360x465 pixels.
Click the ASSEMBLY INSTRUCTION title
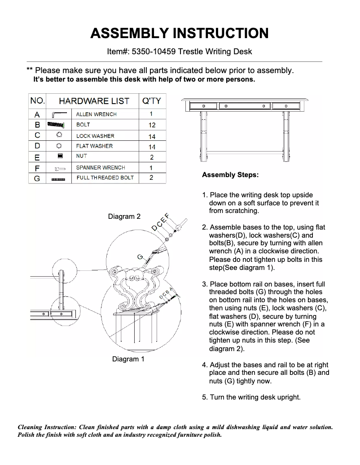coord(180,33)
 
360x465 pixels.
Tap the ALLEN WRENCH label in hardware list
coord(96,114)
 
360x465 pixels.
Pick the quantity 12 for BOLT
coord(152,125)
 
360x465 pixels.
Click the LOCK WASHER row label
coord(95,136)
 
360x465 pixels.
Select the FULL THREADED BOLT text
coord(105,178)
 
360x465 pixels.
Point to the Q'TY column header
coord(151,101)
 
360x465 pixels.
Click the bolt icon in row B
coord(57,125)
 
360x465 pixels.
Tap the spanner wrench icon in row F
coord(60,169)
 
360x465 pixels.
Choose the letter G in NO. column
coord(37,178)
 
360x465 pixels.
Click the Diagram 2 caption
coord(124,217)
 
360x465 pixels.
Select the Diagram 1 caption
coord(128,359)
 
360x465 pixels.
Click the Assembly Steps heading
coord(230,175)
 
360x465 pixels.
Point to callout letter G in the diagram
coord(140,257)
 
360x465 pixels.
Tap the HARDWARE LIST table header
coord(94,101)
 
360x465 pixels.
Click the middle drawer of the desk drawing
coord(244,106)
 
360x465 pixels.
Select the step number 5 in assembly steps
coord(205,397)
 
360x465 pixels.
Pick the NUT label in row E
coord(82,156)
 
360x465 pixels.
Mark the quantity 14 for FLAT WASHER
coord(152,147)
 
